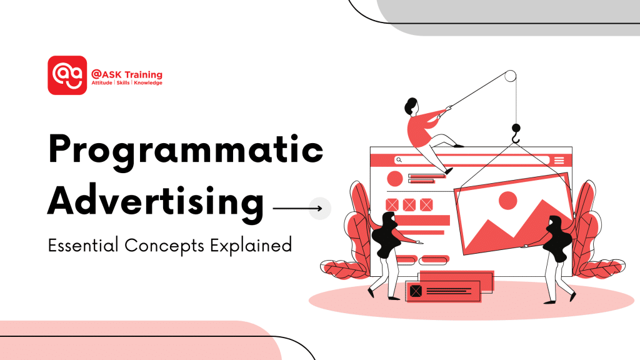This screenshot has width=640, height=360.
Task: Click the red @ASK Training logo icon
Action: [x=67, y=76]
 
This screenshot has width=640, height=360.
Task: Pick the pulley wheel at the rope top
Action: [x=511, y=77]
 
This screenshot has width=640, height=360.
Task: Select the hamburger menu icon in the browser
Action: [x=559, y=161]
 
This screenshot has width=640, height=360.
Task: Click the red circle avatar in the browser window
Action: [x=394, y=179]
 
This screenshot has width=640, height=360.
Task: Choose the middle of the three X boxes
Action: [x=409, y=204]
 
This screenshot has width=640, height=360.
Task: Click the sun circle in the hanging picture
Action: [x=507, y=201]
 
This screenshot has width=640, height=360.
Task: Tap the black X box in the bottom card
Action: [x=416, y=291]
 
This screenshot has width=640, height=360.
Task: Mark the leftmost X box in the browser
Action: [x=392, y=204]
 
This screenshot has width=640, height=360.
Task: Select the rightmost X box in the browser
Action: [x=426, y=204]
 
